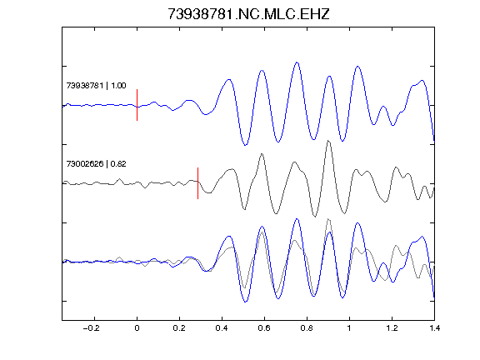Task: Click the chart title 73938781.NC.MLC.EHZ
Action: coord(248,14)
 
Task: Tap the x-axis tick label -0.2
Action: coord(92,328)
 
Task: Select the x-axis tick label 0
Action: coord(137,328)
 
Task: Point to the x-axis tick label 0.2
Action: coord(179,328)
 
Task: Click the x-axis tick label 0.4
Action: coord(222,328)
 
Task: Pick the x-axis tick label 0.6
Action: coord(264,328)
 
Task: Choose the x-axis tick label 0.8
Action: coord(307,328)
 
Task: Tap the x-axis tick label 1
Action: coord(349,328)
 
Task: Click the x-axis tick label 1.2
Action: coord(392,328)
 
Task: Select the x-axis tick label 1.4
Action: coord(434,328)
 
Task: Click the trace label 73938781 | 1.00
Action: coord(96,86)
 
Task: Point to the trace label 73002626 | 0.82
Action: coord(96,164)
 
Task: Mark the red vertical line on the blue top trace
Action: coord(137,105)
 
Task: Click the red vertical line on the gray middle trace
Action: coord(198,183)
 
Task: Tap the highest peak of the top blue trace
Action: coord(297,62)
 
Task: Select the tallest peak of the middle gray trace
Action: coord(328,141)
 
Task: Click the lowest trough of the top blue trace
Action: coord(245,145)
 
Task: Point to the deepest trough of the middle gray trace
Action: coord(315,217)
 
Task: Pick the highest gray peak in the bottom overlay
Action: coord(328,219)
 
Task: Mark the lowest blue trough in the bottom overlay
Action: coord(245,302)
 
